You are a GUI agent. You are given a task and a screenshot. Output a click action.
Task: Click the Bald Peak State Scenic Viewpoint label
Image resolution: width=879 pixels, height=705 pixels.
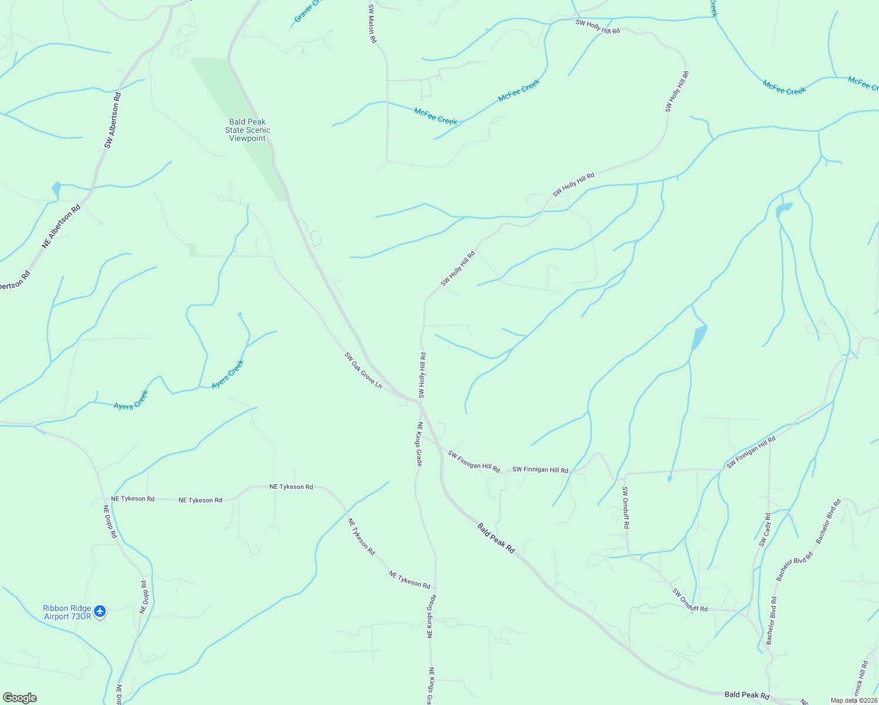pyautogui.click(x=247, y=130)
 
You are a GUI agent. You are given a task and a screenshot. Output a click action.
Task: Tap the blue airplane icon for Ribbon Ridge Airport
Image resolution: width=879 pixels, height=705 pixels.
pyautogui.click(x=100, y=612)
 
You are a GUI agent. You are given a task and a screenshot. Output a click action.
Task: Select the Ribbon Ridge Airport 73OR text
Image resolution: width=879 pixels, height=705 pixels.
pyautogui.click(x=67, y=612)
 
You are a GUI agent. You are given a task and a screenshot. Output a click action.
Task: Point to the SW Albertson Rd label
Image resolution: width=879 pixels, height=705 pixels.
pyautogui.click(x=113, y=120)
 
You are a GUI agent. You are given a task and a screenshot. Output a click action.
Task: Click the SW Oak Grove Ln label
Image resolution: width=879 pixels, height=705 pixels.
pyautogui.click(x=363, y=370)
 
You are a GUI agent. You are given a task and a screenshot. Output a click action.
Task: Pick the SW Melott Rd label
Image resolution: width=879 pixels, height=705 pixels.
pyautogui.click(x=372, y=24)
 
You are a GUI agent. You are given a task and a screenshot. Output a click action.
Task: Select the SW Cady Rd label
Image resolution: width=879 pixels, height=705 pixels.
pyautogui.click(x=764, y=530)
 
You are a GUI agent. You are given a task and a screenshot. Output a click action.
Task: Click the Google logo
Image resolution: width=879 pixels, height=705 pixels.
pyautogui.click(x=19, y=698)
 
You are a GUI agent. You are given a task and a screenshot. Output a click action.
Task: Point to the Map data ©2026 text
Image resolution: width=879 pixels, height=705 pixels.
pyautogui.click(x=853, y=700)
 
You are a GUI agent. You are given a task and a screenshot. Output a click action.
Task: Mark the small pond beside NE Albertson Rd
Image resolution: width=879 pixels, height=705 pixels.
pyautogui.click(x=56, y=189)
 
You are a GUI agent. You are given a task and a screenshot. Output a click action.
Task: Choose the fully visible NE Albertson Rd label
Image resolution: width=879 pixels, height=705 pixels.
pyautogui.click(x=61, y=227)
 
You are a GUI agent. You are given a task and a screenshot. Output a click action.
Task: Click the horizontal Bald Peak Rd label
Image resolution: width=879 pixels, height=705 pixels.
pyautogui.click(x=747, y=695)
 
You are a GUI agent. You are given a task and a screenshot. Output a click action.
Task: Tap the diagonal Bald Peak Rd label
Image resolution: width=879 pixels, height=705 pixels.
pyautogui.click(x=496, y=538)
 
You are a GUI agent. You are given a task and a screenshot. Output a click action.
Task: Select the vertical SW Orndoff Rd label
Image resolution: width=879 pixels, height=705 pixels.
pyautogui.click(x=625, y=508)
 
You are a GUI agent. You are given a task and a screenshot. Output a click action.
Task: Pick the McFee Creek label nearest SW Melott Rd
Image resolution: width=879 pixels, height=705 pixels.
pyautogui.click(x=435, y=116)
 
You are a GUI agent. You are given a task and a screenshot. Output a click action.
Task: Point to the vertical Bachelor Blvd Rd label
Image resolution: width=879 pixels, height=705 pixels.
pyautogui.click(x=771, y=620)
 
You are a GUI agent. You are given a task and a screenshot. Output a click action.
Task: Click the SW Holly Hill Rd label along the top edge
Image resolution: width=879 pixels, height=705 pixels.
pyautogui.click(x=598, y=26)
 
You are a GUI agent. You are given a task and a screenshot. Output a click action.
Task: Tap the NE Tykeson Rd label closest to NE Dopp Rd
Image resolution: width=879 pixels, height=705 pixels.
pyautogui.click(x=133, y=499)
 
